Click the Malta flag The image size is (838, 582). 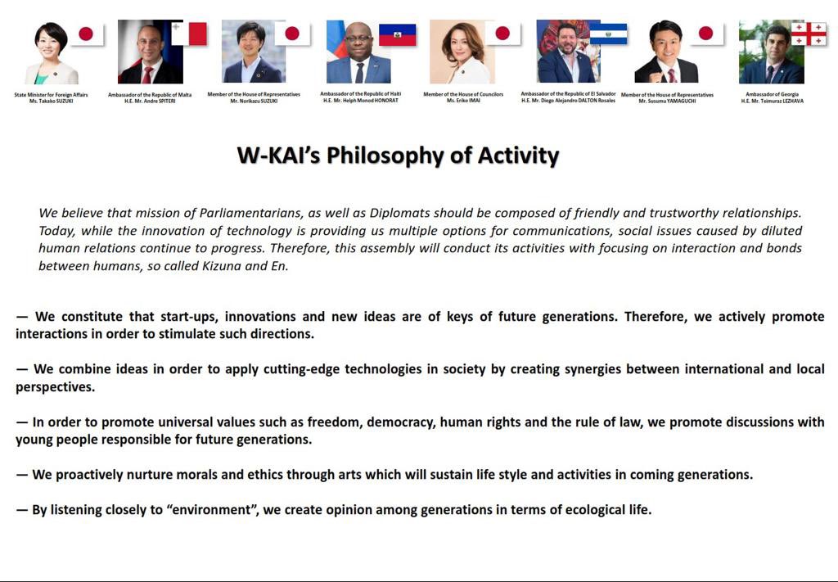(189, 34)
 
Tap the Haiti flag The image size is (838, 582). (397, 34)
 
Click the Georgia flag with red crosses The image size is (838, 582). (808, 34)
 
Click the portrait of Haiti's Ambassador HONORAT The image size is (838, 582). (358, 52)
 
